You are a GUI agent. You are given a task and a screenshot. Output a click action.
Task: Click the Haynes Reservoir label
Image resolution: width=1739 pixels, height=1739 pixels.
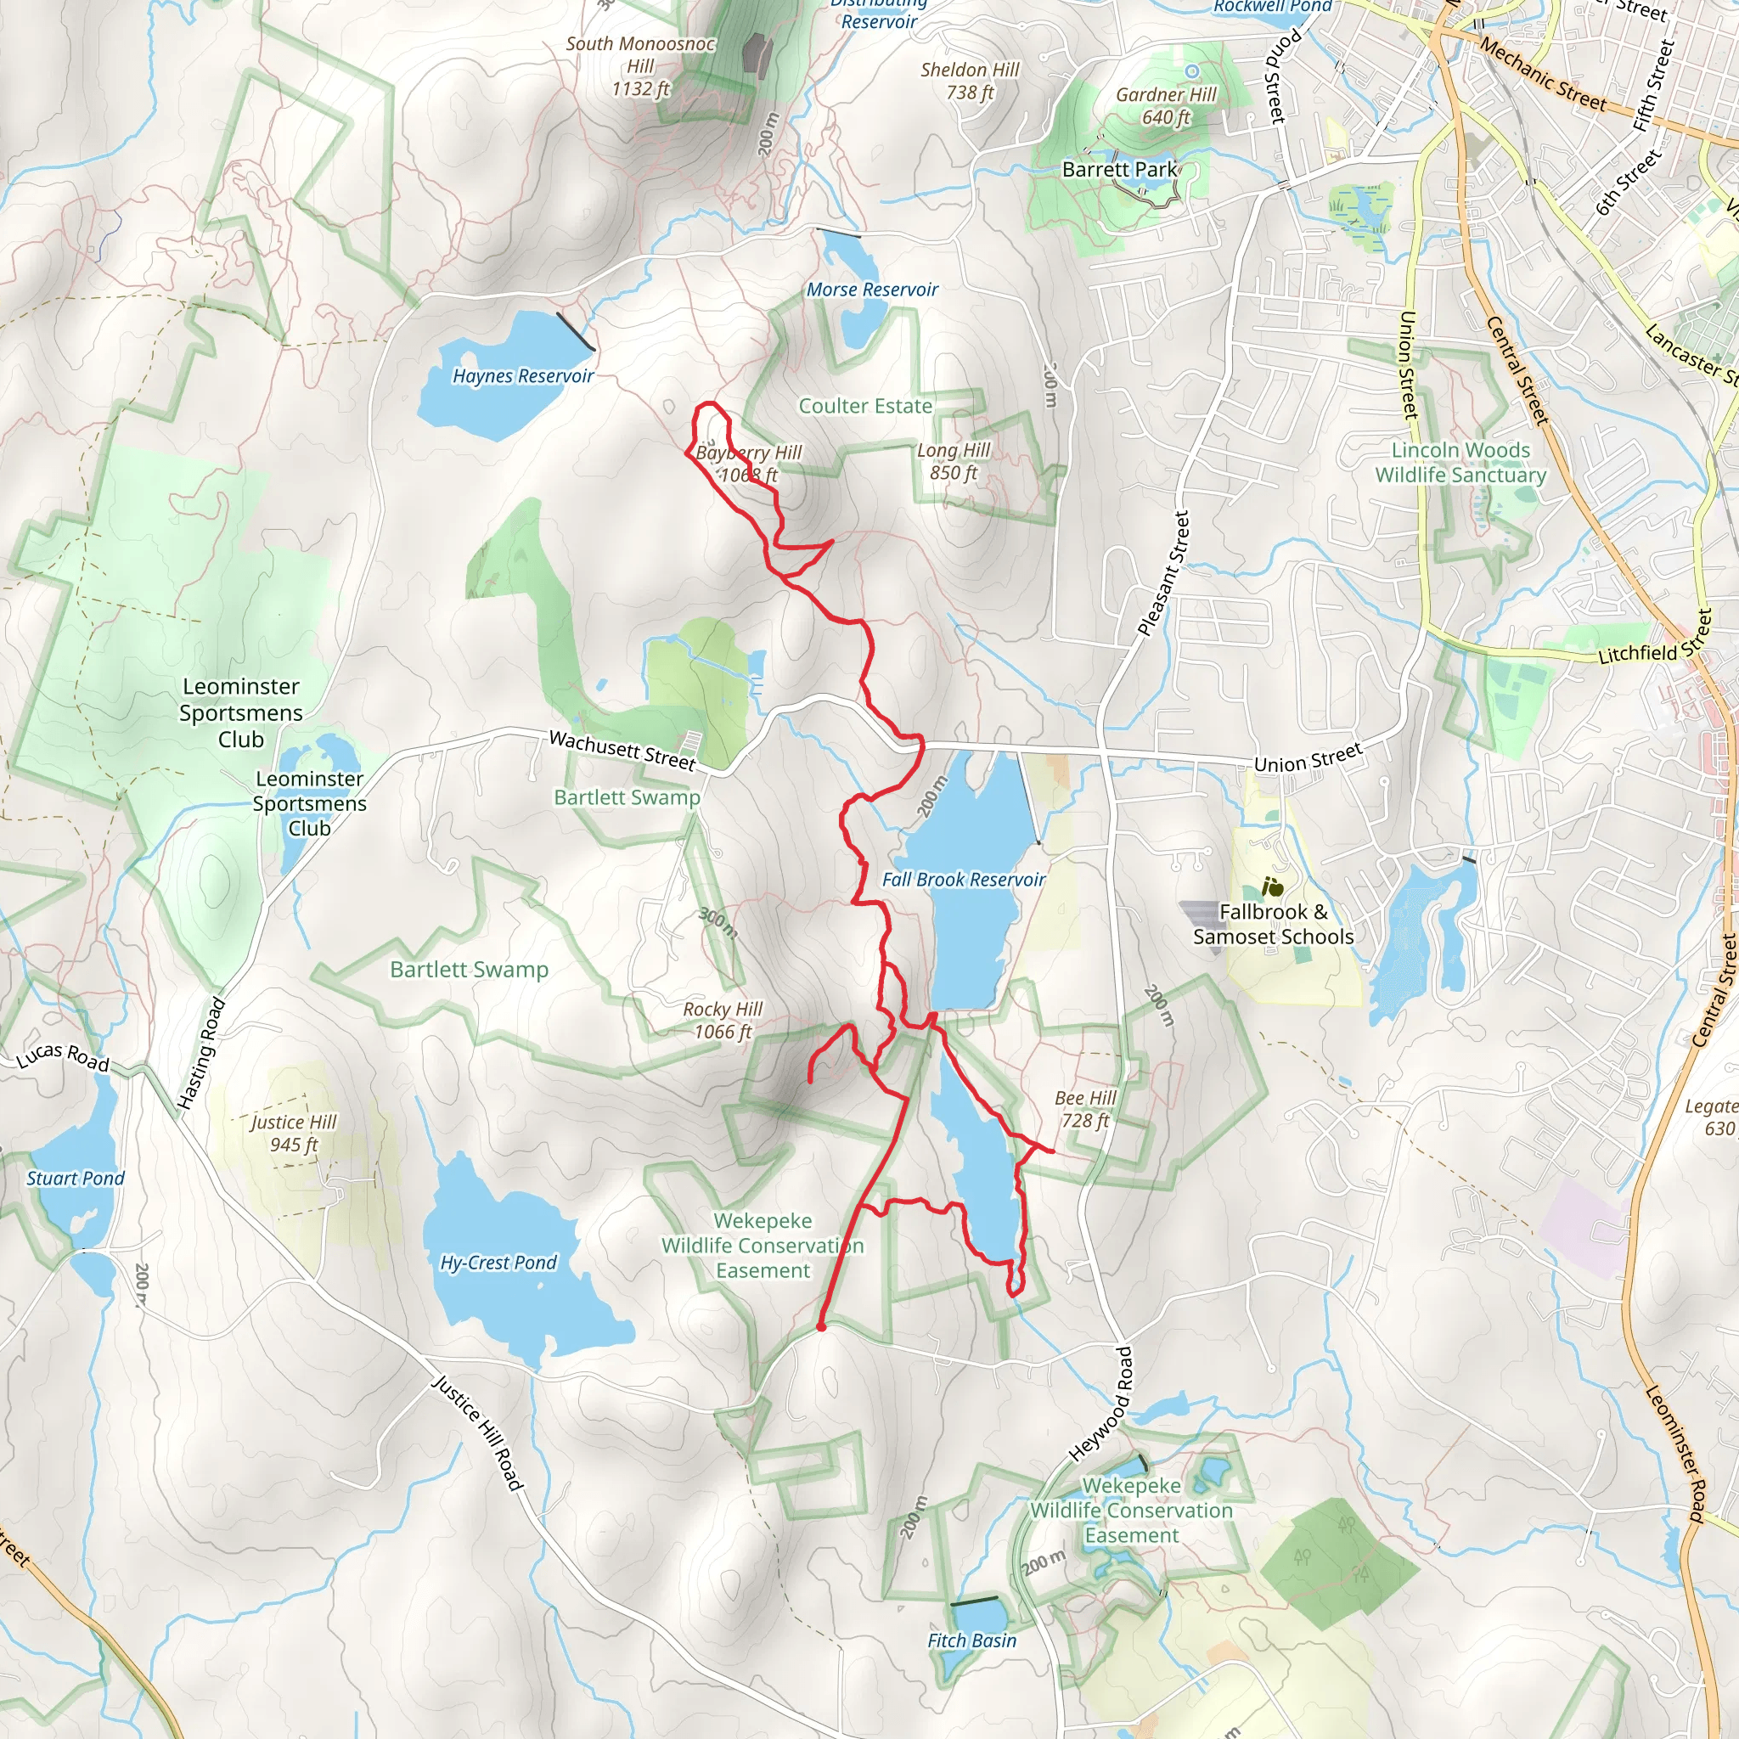coord(523,376)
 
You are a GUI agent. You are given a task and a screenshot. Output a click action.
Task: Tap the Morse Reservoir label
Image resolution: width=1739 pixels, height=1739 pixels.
coord(871,290)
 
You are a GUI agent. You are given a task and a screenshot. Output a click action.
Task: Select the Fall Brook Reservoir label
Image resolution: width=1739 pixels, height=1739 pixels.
coord(963,880)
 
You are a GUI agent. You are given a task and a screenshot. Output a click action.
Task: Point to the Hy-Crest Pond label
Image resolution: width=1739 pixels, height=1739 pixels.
coord(498,1263)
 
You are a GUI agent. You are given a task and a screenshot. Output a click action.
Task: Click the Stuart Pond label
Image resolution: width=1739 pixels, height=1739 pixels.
coord(76,1179)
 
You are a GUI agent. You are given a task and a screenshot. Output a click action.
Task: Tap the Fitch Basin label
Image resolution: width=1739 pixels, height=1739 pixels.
coord(972,1641)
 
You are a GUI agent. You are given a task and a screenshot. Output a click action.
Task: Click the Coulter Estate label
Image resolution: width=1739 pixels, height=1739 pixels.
coord(865,406)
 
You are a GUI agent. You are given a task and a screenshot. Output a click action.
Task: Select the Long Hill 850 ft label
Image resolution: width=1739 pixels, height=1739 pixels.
coord(954,462)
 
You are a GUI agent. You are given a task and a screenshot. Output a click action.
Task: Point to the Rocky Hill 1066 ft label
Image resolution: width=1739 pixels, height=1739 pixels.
coord(722,1021)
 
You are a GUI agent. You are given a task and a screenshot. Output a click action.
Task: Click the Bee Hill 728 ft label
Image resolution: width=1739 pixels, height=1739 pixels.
coord(1084,1109)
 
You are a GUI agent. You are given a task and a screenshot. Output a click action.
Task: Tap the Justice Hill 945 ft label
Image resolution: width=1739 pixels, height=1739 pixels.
coord(294,1134)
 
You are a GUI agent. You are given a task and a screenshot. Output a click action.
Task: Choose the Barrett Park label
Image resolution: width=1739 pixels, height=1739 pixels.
coord(1119,169)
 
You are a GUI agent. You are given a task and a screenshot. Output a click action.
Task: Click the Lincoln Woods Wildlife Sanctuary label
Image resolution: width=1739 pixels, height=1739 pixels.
coord(1460,463)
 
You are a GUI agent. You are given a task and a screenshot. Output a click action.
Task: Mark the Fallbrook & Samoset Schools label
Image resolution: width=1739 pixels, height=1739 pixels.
coord(1273,925)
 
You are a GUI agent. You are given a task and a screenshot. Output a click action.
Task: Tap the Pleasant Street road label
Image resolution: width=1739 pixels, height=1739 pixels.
coord(1163,573)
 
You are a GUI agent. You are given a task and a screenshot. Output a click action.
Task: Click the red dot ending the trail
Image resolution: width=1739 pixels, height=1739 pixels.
coord(821,1327)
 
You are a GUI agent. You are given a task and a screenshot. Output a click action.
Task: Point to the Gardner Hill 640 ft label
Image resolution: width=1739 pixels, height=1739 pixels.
coord(1166,106)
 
